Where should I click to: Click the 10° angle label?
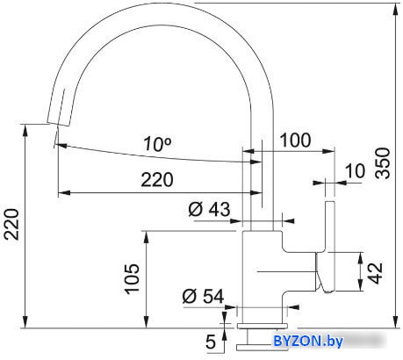coord(157,143)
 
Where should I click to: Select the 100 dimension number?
coord(296,140)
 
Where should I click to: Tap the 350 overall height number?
coord(384,163)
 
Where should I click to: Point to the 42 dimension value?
coord(375,273)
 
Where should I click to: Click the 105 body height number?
coord(132,278)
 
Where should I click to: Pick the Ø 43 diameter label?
coord(209,209)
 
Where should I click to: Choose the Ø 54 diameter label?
coord(203,296)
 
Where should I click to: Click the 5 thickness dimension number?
coord(211,342)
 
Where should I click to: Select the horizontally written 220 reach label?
coord(157,179)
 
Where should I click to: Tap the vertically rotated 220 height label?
coord(12,224)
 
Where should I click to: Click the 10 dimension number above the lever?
coord(356,170)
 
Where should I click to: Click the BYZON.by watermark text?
coord(307,341)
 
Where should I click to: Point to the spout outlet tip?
coord(59,124)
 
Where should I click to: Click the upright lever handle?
coord(330,247)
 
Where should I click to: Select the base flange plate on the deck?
coord(263,326)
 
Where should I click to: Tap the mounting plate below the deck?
coord(255,348)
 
